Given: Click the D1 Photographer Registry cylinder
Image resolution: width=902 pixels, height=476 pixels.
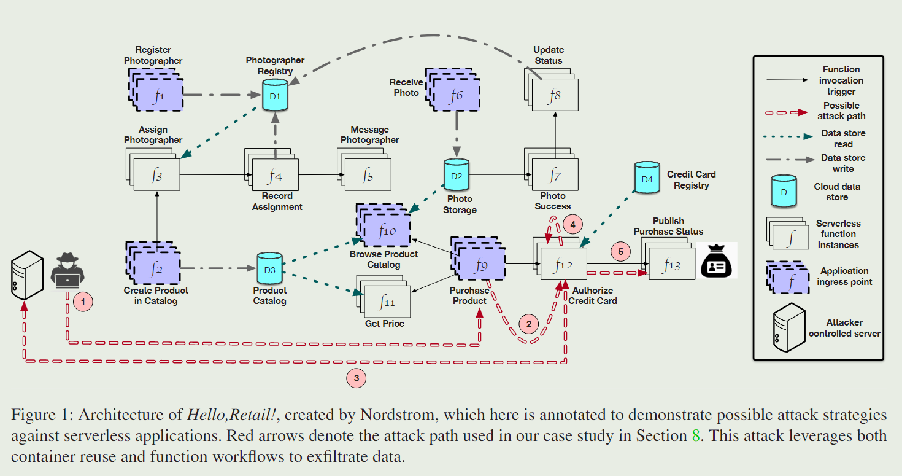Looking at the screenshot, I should [x=275, y=95].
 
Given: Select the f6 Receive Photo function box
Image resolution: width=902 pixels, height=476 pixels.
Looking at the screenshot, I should [x=456, y=94].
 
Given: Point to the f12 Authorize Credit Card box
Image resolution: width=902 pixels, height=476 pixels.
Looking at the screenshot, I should [x=563, y=265].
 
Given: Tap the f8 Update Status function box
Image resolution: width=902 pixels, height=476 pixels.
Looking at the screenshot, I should [x=555, y=95].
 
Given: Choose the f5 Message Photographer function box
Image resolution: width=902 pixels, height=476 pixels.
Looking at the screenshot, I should [x=368, y=176].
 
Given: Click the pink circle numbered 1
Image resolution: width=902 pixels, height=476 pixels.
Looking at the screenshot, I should [x=83, y=301].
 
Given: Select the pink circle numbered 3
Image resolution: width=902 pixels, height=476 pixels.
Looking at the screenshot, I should [x=356, y=378].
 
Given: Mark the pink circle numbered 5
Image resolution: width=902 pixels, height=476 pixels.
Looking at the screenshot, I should [x=620, y=251].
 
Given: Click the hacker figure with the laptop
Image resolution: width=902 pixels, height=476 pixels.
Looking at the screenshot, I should [x=67, y=270].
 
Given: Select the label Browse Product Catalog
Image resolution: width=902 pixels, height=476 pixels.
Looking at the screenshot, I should [x=384, y=259].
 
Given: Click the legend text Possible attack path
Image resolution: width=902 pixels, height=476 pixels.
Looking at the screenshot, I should [x=841, y=111].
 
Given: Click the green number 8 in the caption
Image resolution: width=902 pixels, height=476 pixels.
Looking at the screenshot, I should [x=696, y=436].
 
